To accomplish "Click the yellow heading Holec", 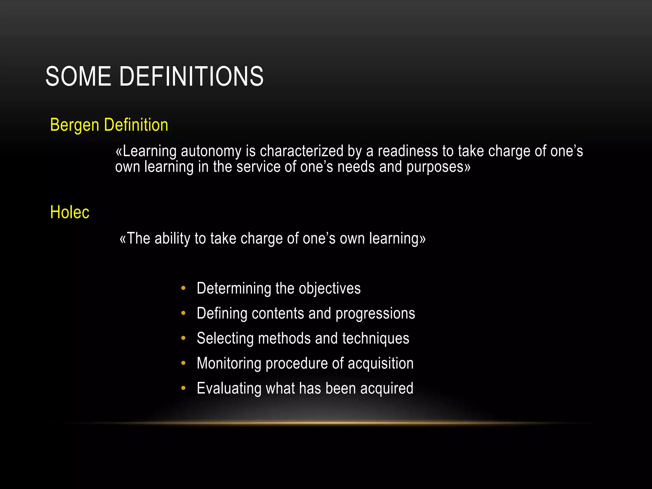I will pyautogui.click(x=70, y=212).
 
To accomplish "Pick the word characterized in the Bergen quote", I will pyautogui.click(x=301, y=151).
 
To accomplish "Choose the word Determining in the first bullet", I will pyautogui.click(x=234, y=289).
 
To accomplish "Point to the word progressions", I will pyautogui.click(x=375, y=314).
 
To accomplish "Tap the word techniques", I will pyautogui.click(x=376, y=338).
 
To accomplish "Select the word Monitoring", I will pyautogui.click(x=229, y=364).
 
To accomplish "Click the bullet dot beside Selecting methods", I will pyautogui.click(x=183, y=338).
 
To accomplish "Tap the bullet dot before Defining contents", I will pyautogui.click(x=183, y=313).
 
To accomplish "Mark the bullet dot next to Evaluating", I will pyautogui.click(x=183, y=388).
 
